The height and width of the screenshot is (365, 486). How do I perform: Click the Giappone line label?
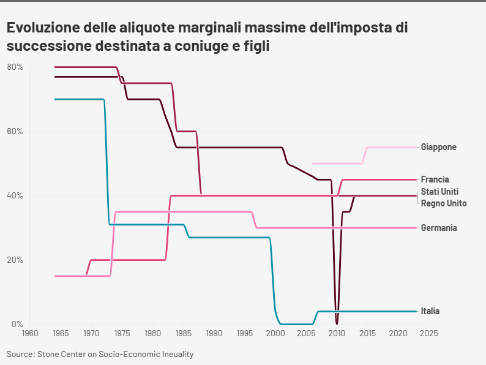point(438,147)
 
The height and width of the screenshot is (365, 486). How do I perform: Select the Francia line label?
point(436,179)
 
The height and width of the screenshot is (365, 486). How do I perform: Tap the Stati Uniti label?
point(439,192)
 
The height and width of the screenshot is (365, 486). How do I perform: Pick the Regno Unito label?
point(444,203)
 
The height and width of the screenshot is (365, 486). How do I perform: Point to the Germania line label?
point(439,228)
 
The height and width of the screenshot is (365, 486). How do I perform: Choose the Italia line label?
point(430,311)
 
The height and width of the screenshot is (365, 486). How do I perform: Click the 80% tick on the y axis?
point(15,67)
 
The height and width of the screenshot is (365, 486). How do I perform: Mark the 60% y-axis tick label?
point(15,131)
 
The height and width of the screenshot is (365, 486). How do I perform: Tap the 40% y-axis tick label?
point(15,195)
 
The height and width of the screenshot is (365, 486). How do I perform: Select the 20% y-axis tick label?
point(15,260)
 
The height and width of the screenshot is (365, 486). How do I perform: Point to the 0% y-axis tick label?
point(17,324)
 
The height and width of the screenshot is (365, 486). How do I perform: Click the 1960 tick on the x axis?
point(29,334)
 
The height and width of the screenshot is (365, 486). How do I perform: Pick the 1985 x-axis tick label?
point(183,334)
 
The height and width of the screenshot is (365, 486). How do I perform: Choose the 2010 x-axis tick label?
point(337,334)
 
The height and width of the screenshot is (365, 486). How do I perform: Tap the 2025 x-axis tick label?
point(428,334)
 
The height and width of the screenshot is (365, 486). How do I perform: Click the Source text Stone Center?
point(64,354)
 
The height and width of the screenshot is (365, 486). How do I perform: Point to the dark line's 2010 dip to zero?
point(337,323)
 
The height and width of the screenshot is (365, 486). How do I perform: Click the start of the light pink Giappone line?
point(313,164)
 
